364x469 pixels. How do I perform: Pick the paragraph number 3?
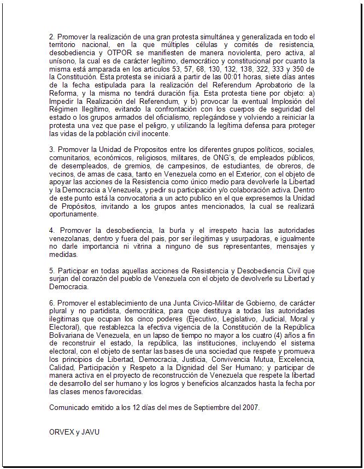coord(51,150)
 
